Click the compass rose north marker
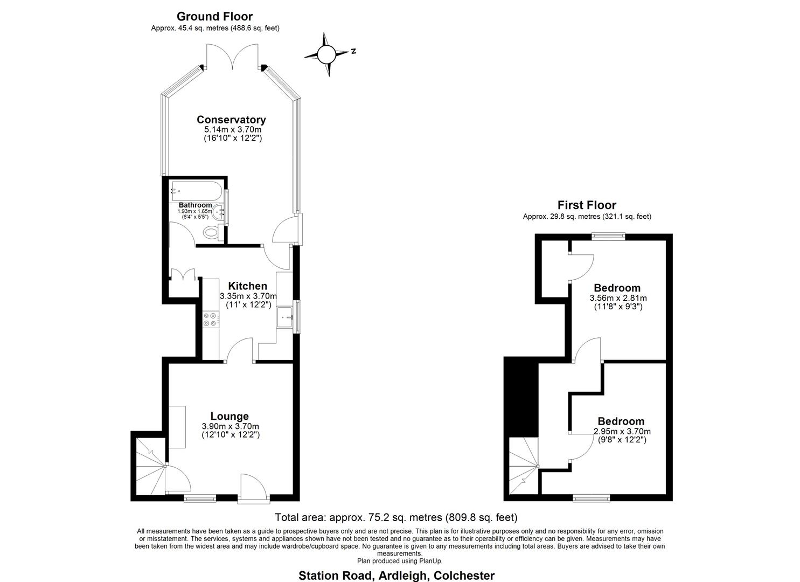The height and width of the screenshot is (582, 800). (353, 52)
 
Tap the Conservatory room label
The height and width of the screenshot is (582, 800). (231, 120)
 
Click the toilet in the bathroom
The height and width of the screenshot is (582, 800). (211, 233)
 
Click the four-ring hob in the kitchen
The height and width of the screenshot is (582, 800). (210, 319)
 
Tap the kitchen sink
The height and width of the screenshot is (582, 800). (284, 318)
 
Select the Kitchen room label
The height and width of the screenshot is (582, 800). (247, 286)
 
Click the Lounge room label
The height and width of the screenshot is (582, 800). (229, 416)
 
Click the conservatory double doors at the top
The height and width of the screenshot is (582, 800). (233, 57)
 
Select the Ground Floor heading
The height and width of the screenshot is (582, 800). (214, 17)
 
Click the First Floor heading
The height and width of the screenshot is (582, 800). (587, 205)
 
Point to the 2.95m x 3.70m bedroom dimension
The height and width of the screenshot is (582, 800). (622, 431)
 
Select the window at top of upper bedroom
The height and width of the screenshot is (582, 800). (608, 235)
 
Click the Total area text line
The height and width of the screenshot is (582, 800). (396, 518)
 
